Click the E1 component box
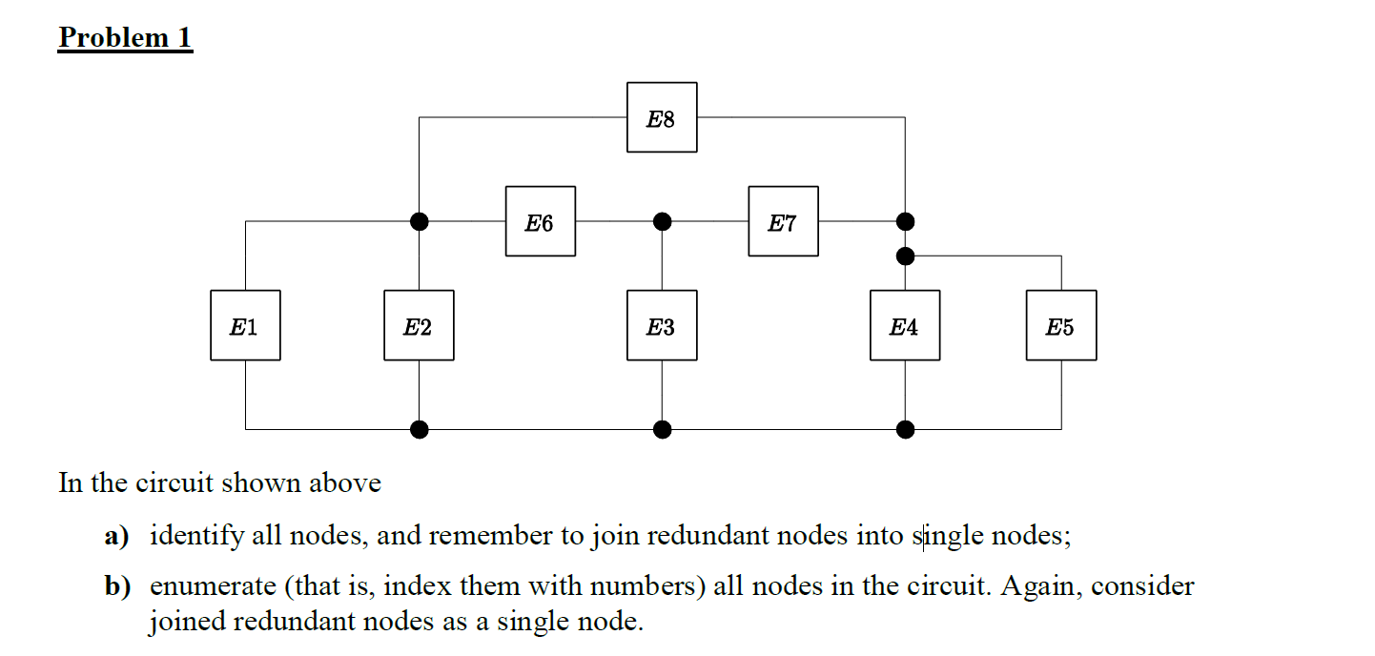(245, 326)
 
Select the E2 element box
(419, 326)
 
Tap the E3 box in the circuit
(662, 326)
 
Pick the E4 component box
(905, 326)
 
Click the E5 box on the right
(1061, 326)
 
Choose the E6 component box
(541, 222)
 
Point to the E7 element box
(783, 222)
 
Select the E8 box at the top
(662, 117)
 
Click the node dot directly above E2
(419, 222)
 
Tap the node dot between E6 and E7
(662, 222)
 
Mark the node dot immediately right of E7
(905, 222)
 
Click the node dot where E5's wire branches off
(905, 256)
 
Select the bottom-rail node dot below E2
(419, 429)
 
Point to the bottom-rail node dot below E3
(662, 429)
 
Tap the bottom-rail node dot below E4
(905, 429)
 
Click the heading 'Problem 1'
(125, 38)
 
